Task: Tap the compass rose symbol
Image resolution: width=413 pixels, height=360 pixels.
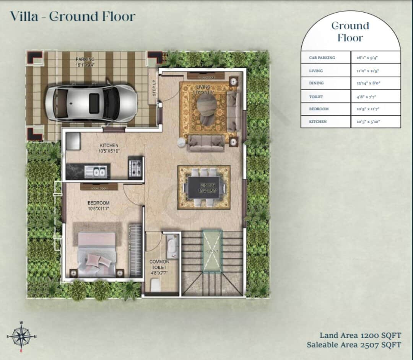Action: pyautogui.click(x=21, y=337)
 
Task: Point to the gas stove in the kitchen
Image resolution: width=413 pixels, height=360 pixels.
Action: pyautogui.click(x=135, y=168)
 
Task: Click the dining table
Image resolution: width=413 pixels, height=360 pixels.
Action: pyautogui.click(x=204, y=187)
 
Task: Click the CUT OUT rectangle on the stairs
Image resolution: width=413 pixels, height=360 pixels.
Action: pyautogui.click(x=212, y=251)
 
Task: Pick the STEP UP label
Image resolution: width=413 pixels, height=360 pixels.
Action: pyautogui.click(x=154, y=88)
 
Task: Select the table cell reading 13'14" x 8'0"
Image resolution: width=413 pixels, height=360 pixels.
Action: pyautogui.click(x=376, y=83)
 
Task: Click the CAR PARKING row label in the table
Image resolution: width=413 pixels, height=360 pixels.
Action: pyautogui.click(x=322, y=58)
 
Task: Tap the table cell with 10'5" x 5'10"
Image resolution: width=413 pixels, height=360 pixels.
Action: pyautogui.click(x=376, y=121)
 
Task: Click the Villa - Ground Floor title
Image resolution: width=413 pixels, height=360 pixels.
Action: pyautogui.click(x=73, y=17)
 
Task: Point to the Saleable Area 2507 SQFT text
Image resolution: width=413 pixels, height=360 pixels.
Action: pyautogui.click(x=354, y=345)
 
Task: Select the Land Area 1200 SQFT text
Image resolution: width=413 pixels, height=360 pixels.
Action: pyautogui.click(x=360, y=336)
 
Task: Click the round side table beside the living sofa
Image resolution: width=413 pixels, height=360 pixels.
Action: pyautogui.click(x=181, y=142)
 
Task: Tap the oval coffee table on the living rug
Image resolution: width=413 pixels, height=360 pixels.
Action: pyautogui.click(x=207, y=104)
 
